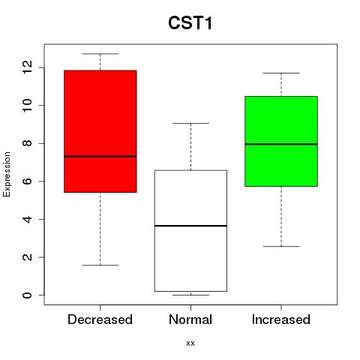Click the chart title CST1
click(190, 23)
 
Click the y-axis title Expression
click(7, 174)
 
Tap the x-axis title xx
click(190, 343)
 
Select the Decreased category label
click(100, 319)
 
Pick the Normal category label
click(190, 319)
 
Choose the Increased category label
click(281, 319)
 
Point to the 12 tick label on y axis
click(27, 67)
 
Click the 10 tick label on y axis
click(27, 105)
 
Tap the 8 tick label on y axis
click(27, 143)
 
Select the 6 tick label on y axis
click(27, 181)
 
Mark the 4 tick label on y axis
click(27, 219)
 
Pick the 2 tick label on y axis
click(27, 257)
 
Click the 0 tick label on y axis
click(27, 295)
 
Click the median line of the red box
click(100, 157)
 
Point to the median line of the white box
click(190, 226)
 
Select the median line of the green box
click(281, 144)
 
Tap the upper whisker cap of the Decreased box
click(100, 54)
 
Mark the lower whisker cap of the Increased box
click(281, 247)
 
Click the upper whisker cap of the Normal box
click(190, 123)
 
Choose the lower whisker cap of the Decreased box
click(100, 265)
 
